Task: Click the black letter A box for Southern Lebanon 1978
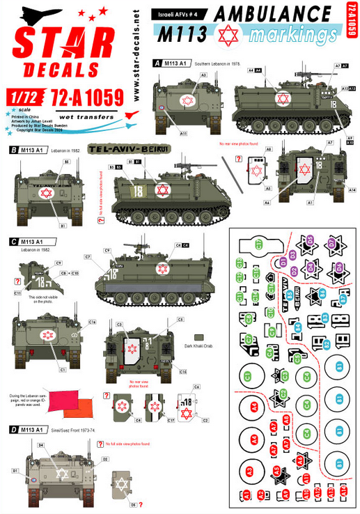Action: (x=158, y=62)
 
